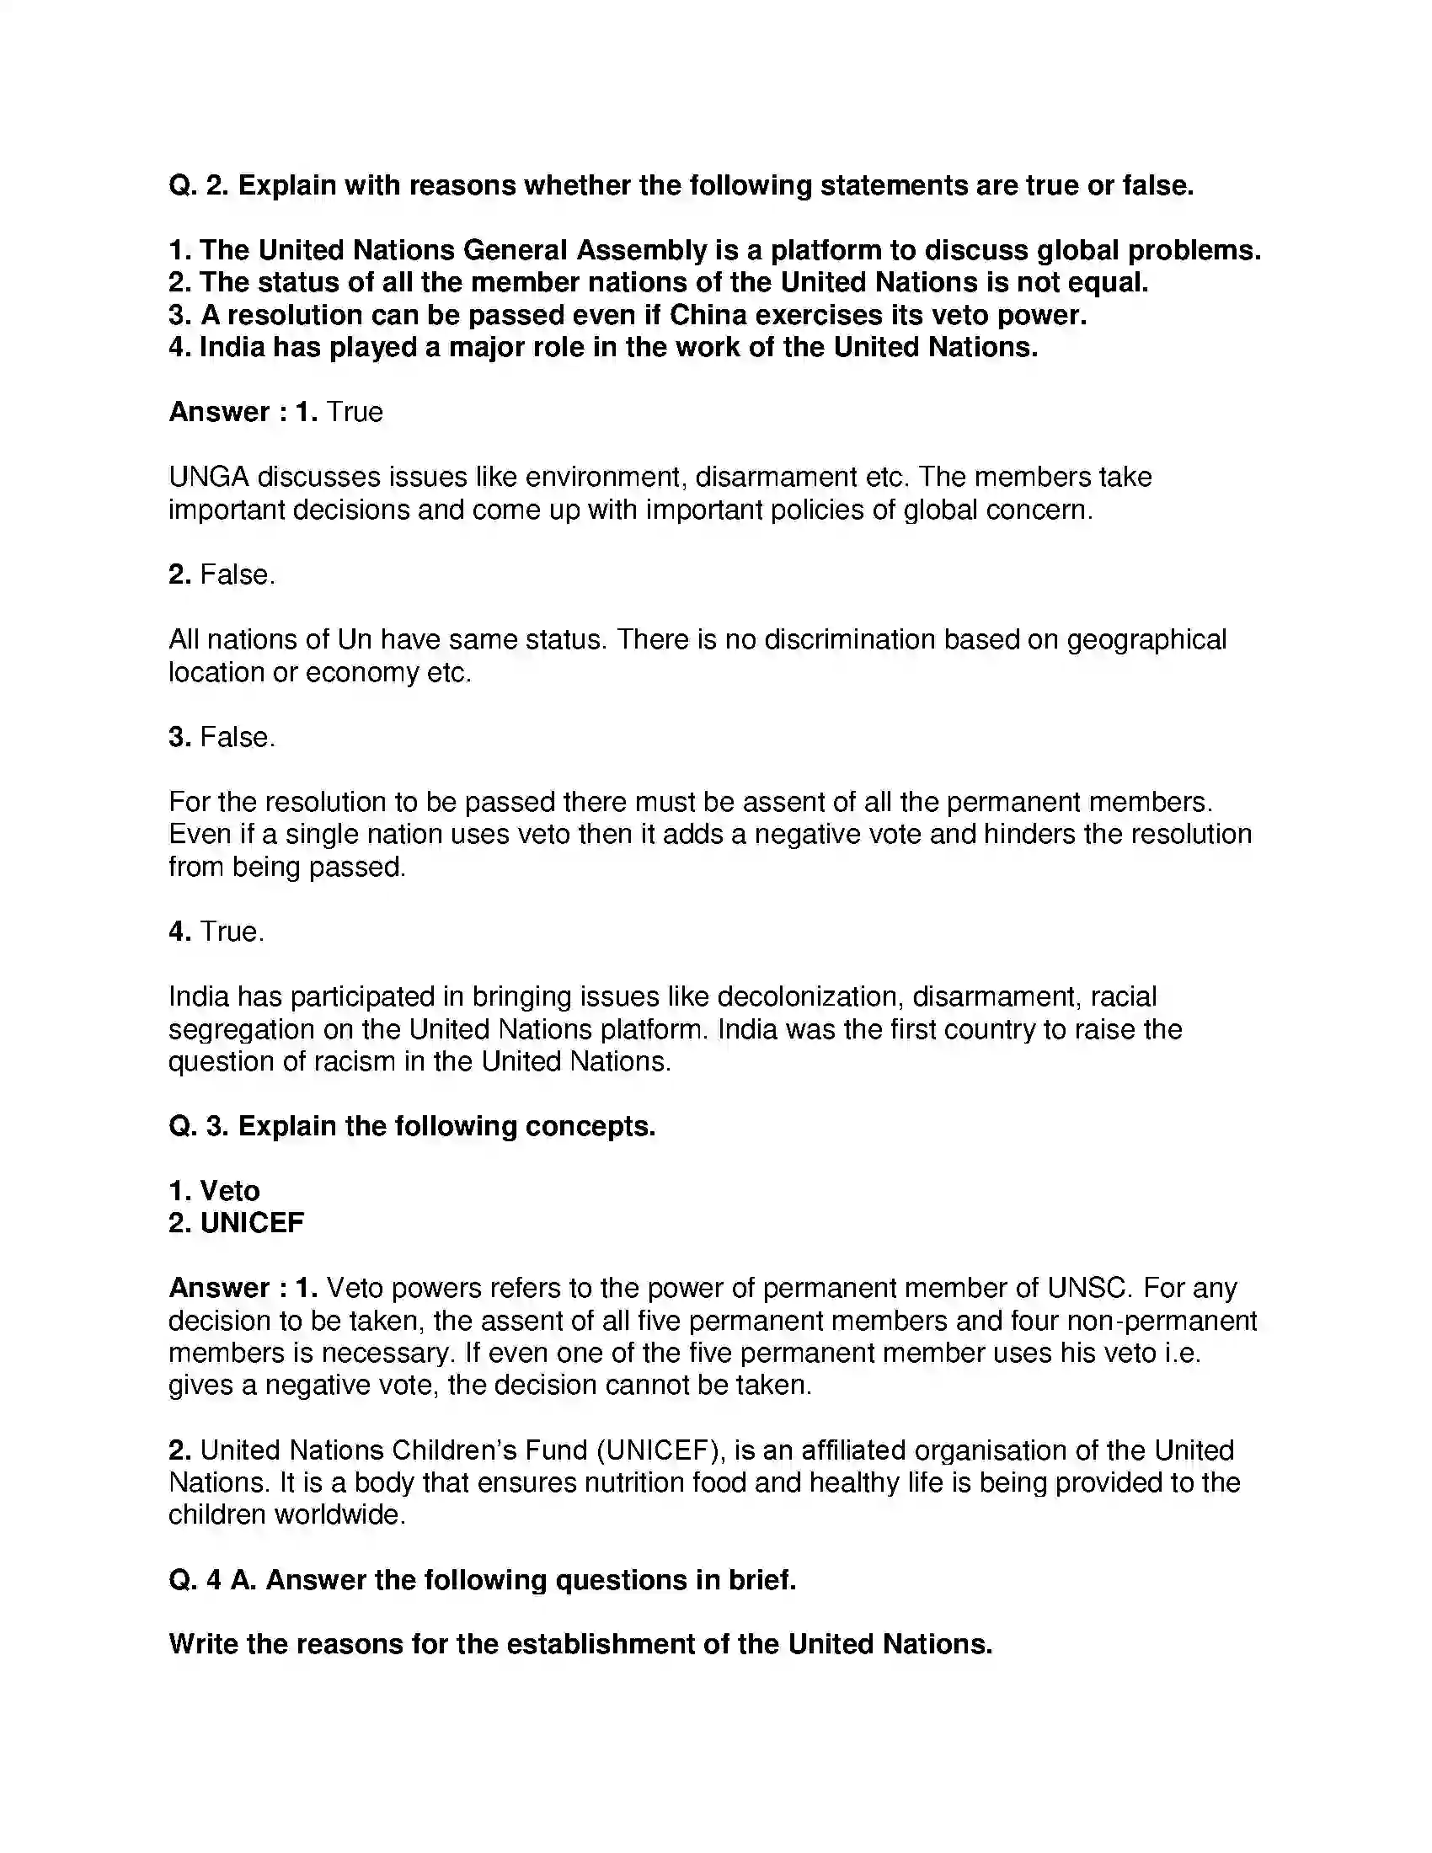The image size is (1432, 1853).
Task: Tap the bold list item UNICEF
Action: click(x=251, y=1224)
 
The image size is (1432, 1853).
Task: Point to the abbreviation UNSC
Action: click(x=1089, y=1288)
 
